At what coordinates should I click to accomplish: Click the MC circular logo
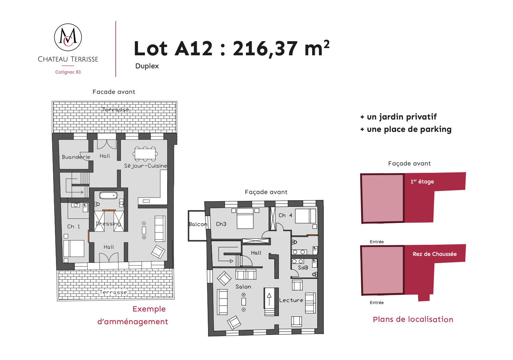click(x=68, y=37)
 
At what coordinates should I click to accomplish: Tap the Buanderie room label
click(x=76, y=157)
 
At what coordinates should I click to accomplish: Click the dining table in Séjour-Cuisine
click(x=145, y=154)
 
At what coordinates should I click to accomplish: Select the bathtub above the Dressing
click(x=108, y=195)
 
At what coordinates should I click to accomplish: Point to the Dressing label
click(x=108, y=224)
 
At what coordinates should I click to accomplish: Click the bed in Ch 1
click(x=74, y=248)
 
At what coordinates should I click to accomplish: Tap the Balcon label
click(x=198, y=224)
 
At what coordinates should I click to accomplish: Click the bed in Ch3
click(x=245, y=218)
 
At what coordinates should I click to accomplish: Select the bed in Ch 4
click(x=306, y=216)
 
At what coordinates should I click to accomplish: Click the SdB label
click(x=303, y=267)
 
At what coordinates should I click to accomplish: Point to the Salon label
click(x=243, y=287)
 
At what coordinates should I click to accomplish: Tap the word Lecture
click(x=291, y=300)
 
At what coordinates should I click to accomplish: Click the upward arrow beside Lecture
click(x=269, y=299)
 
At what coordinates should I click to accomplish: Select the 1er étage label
click(x=422, y=181)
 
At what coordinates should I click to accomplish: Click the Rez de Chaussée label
click(x=434, y=254)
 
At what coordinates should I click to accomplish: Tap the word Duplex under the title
click(x=147, y=66)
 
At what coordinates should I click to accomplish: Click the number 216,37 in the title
click(x=265, y=49)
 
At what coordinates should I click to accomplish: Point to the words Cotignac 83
click(x=68, y=72)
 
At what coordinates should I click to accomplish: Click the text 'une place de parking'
click(x=409, y=129)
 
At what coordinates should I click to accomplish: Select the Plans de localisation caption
click(x=413, y=319)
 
